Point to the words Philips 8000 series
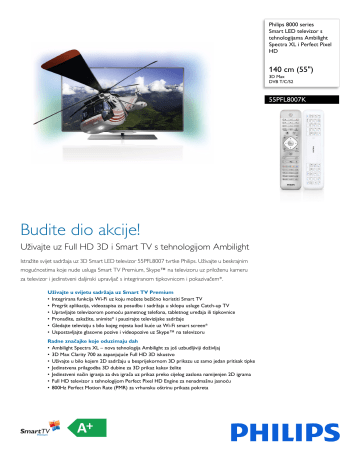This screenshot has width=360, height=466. coord(297,22)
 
